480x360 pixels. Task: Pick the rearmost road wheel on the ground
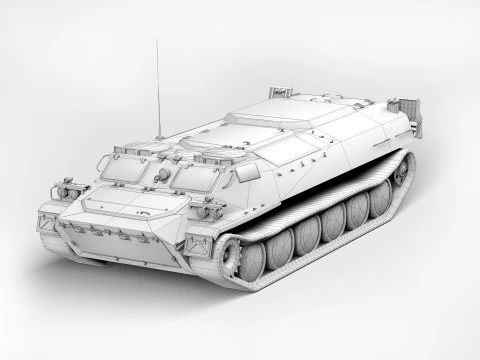point(380,203)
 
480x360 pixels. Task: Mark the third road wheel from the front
point(308,236)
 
